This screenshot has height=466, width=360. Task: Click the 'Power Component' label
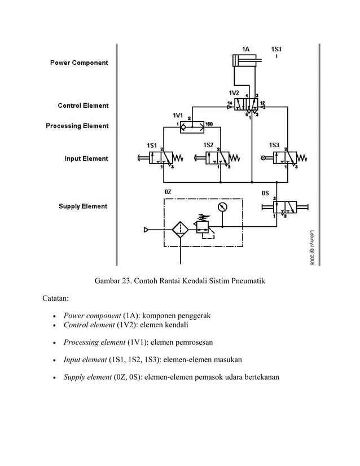coord(79,63)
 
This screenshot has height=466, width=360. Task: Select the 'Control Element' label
coord(83,105)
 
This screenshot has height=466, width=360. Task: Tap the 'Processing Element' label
coord(77,126)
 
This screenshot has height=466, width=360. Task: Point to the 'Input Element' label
coord(86,159)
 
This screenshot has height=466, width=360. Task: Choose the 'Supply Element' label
coord(83,206)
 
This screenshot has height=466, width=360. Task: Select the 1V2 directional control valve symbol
coord(246,104)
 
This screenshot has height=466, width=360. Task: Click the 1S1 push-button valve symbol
coord(161,157)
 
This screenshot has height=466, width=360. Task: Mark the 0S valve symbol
coord(286,207)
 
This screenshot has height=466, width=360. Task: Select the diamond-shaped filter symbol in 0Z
coord(179,230)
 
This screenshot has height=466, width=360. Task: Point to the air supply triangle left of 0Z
coord(147,230)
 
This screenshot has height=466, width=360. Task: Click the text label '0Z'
coord(168,192)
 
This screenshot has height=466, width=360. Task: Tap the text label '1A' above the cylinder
coord(245,49)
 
